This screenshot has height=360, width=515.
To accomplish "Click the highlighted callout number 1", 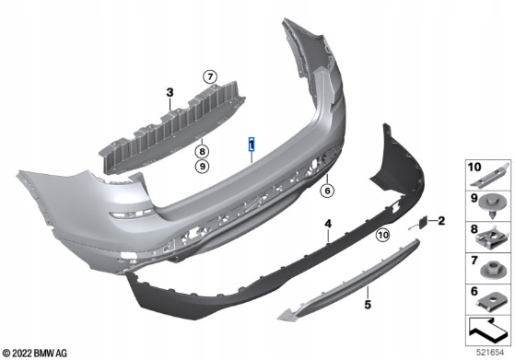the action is (252, 145).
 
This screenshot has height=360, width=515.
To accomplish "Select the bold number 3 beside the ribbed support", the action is (170, 93).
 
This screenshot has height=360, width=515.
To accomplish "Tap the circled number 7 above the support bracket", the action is (210, 77).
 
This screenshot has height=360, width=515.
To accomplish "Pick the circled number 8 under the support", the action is (202, 152).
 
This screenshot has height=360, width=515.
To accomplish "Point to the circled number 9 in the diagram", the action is (202, 167).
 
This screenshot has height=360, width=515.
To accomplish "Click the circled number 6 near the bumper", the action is (327, 191).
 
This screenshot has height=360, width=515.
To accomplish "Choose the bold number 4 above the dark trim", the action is (328, 224).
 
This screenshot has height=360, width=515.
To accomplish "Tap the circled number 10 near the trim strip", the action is (382, 235).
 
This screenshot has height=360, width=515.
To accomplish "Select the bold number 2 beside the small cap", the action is (441, 221).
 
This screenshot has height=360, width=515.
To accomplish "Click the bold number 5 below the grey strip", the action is (368, 305).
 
